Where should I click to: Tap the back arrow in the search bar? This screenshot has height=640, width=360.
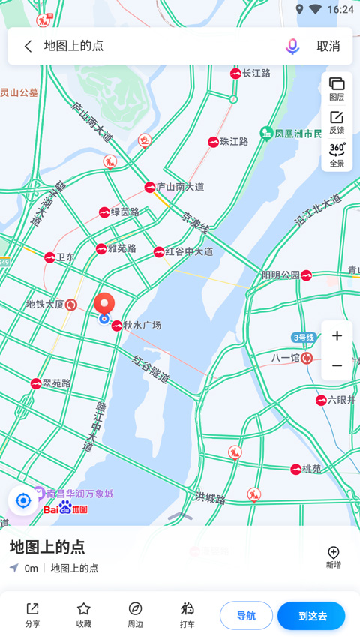[x=28, y=46]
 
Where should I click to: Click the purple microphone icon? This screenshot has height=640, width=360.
[x=292, y=46]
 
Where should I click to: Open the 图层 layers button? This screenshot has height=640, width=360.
[x=337, y=89]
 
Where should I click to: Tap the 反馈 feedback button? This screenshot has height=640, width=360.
[x=337, y=122]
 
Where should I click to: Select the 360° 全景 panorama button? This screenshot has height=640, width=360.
[x=337, y=154]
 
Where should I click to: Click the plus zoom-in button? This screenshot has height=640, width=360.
[x=337, y=336]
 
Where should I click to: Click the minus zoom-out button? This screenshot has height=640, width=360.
[x=337, y=365]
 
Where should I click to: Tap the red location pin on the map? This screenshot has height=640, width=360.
[x=104, y=304]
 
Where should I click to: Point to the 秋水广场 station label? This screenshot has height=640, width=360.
[x=142, y=326]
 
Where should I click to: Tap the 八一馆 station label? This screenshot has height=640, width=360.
[x=286, y=359]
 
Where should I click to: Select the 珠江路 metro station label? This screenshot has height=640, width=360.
[x=233, y=141]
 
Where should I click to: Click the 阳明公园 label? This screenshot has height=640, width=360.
[x=280, y=275]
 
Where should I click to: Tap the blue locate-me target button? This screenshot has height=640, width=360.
[x=23, y=500]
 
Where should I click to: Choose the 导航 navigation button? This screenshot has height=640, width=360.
[x=246, y=616]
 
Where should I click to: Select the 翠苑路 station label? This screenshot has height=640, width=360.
[x=56, y=383]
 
